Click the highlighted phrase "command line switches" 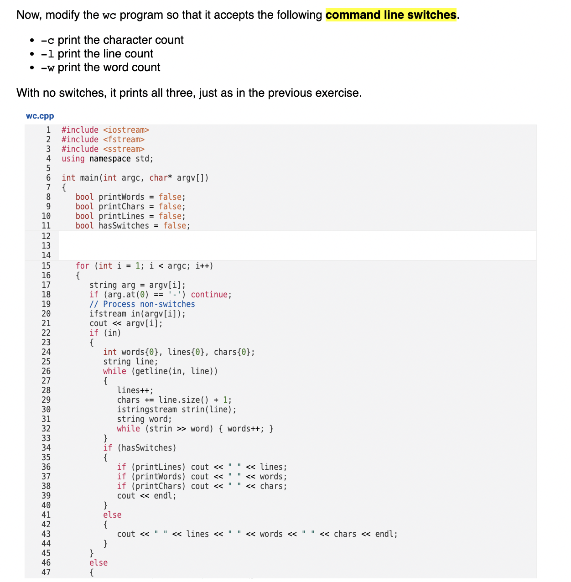391,15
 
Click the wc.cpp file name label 40,116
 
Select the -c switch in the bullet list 47,40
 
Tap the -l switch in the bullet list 47,54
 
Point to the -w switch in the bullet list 47,68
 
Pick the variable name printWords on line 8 121,197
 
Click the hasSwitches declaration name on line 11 124,226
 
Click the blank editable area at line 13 296,245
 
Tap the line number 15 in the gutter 46,266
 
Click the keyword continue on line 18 211,295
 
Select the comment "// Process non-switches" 142,304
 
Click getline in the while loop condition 151,371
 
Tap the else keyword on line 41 112,515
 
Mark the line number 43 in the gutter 46,534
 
